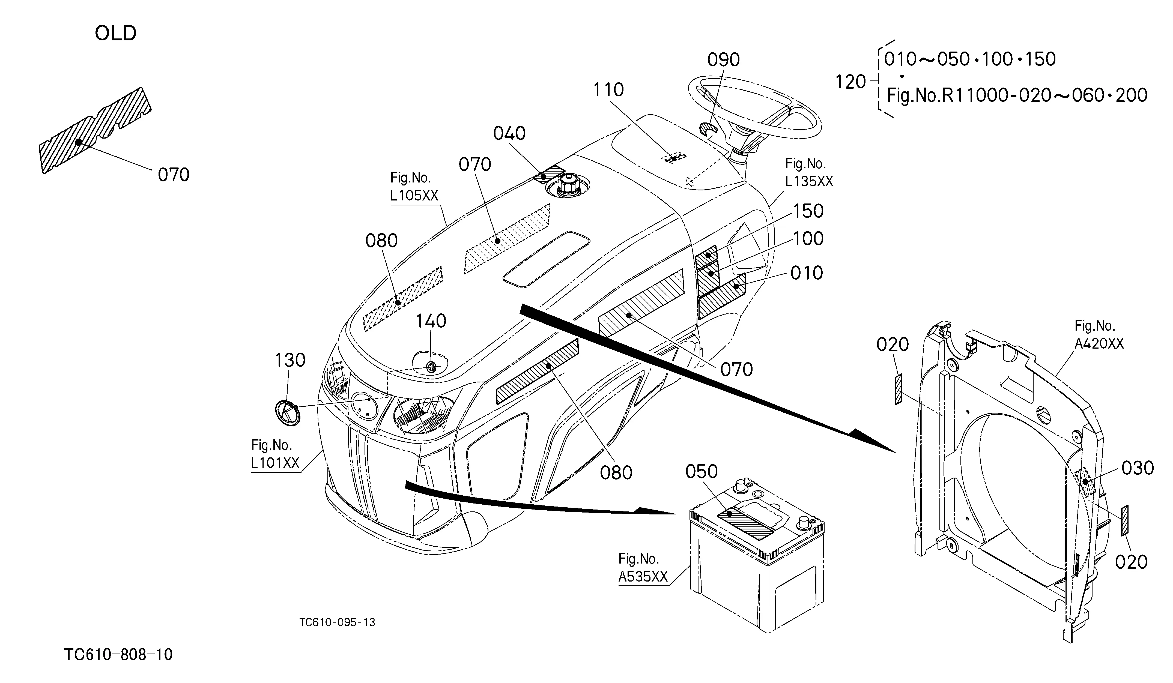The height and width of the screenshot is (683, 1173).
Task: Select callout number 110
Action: click(608, 90)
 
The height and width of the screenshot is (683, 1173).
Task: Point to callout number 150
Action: click(808, 211)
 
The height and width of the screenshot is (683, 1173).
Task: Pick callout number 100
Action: click(808, 239)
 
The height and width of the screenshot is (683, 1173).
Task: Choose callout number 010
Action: click(807, 273)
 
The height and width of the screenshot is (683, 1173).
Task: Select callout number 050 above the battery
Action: click(702, 472)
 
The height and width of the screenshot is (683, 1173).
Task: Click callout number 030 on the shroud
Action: click(1138, 468)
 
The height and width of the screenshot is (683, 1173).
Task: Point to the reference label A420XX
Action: click(1099, 343)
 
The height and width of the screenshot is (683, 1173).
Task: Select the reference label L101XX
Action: click(275, 463)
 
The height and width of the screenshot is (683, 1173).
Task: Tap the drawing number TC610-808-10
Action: click(118, 655)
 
